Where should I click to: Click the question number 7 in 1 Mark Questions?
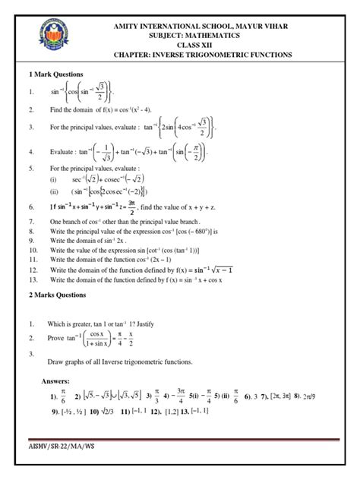[30, 220]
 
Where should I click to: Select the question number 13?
[33, 279]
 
